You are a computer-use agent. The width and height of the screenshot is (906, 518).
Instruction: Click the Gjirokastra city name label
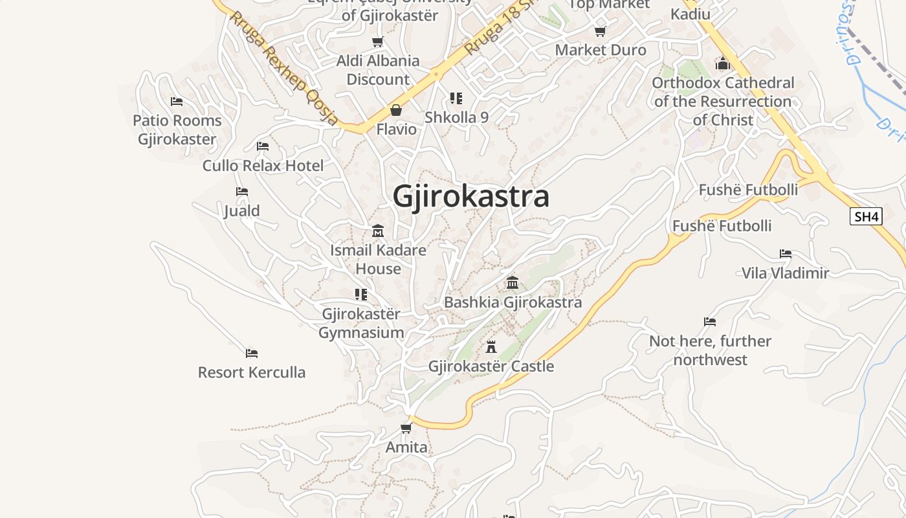pos(470,197)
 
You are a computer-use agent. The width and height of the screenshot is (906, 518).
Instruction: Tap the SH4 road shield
pos(866,216)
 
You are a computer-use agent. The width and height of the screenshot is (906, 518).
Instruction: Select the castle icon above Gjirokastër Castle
pos(491,346)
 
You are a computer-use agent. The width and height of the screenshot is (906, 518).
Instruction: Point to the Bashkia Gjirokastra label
pos(513,302)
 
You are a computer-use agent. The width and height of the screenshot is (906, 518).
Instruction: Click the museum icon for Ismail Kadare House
pos(378,231)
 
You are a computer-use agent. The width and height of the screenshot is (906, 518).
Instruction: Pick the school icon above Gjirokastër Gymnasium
pos(361,295)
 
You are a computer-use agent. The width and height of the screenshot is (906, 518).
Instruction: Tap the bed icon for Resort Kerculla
pos(252,354)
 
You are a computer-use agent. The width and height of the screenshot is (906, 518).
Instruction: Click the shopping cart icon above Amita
pos(406,428)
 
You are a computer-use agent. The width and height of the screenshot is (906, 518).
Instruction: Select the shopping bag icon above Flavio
pos(396,110)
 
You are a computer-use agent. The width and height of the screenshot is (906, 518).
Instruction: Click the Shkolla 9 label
pos(456,118)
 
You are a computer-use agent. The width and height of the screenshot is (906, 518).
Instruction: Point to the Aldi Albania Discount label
pos(378,70)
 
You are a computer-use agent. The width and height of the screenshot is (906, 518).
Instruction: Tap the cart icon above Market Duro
pos(601,31)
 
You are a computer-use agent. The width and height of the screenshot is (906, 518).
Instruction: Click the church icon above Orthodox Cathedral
pos(723,63)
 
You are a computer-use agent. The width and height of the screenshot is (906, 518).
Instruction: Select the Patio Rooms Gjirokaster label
pos(177,129)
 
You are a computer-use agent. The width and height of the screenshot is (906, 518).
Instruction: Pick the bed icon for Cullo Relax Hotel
pos(263,146)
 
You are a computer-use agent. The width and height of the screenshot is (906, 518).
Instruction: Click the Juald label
pos(242,211)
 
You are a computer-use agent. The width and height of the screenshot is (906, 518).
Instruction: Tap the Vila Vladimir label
pos(785,273)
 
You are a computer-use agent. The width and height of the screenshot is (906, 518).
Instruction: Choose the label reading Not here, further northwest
pos(710,350)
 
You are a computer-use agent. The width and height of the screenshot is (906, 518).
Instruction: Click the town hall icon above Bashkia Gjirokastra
pos(513,282)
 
